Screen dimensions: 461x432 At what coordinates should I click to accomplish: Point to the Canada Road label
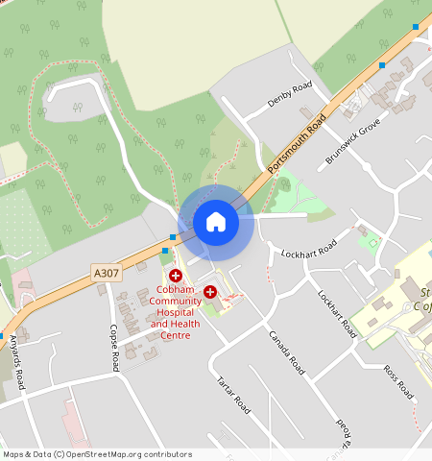[x=286, y=352]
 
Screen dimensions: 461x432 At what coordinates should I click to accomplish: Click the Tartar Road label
[x=233, y=394]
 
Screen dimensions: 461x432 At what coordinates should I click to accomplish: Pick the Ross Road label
[x=397, y=381]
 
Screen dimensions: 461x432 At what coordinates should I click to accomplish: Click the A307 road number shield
[x=108, y=274]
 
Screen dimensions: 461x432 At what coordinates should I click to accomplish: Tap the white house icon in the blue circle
[x=216, y=222]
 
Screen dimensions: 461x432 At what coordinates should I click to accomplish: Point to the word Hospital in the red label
[x=176, y=312]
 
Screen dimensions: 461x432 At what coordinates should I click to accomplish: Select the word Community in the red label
[x=176, y=301]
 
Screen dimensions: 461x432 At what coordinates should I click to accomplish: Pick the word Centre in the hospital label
[x=176, y=335]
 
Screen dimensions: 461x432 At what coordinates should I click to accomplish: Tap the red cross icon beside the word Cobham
[x=176, y=276]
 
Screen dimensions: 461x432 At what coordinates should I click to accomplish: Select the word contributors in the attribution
[x=163, y=454]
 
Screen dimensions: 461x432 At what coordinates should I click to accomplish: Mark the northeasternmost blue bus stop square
[x=416, y=26]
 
